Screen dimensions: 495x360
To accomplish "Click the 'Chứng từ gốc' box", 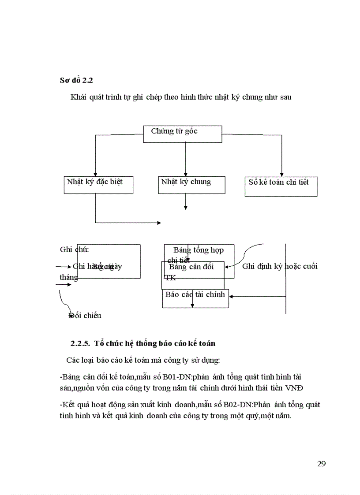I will pyautogui.click(x=183, y=134).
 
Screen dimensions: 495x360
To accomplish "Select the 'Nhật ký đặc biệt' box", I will pyautogui.click(x=98, y=185).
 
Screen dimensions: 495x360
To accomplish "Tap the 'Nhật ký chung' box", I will pyautogui.click(x=191, y=185).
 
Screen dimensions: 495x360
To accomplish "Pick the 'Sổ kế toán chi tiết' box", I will pyautogui.click(x=281, y=186).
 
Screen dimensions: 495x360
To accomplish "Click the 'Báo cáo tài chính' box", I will pyautogui.click(x=195, y=298).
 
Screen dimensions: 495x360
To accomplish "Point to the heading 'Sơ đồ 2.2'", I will pyautogui.click(x=76, y=80).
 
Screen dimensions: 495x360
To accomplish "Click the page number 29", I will pyautogui.click(x=321, y=463).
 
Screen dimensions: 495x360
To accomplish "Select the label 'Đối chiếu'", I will pyautogui.click(x=85, y=316).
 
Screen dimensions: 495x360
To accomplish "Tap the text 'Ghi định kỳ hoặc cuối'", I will pyautogui.click(x=280, y=266).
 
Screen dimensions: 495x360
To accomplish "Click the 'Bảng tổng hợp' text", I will pyautogui.click(x=199, y=250).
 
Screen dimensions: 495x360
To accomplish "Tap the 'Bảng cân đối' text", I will pyautogui.click(x=191, y=267).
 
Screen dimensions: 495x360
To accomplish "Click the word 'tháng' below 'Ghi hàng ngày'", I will pyautogui.click(x=69, y=277).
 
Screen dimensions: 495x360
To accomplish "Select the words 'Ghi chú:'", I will pyautogui.click(x=75, y=250).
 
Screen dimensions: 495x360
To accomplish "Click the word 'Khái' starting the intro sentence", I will pyautogui.click(x=78, y=97).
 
